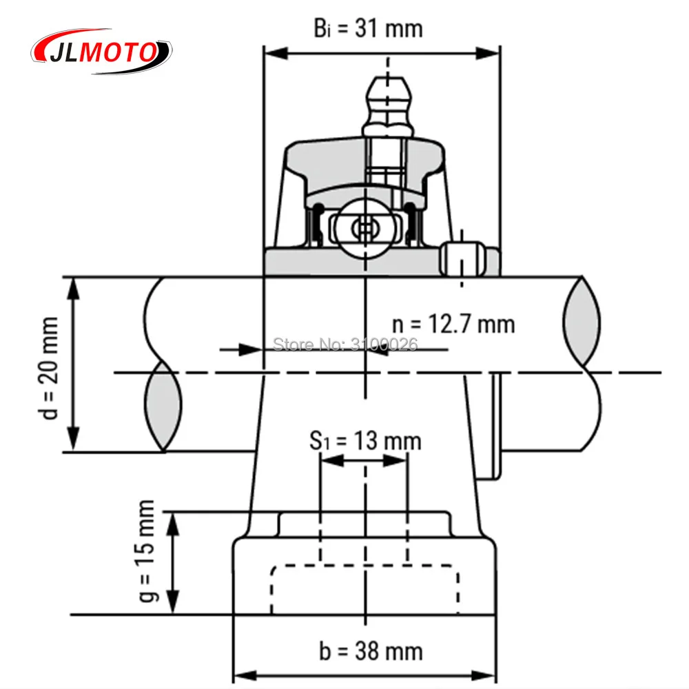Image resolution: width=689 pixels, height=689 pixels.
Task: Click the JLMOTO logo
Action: click(x=102, y=52)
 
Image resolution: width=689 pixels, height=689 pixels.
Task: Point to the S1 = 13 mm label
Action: click(x=364, y=440)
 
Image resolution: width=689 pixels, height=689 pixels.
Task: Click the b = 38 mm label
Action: click(x=371, y=650)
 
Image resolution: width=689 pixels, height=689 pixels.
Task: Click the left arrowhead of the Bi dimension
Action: click(x=272, y=53)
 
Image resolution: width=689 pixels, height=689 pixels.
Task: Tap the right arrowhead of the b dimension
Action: click(x=487, y=674)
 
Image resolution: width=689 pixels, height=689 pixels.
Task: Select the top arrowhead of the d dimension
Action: click(x=74, y=286)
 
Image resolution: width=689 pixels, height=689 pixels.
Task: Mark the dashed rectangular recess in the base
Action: click(x=364, y=588)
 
